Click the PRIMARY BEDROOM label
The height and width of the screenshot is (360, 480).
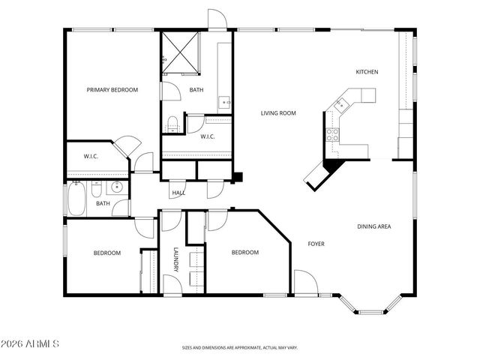click(112, 90)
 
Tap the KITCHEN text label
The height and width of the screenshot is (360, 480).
click(367, 72)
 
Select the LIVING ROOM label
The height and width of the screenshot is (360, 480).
click(278, 113)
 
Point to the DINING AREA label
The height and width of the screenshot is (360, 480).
click(373, 226)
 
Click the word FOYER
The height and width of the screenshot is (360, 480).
click(316, 244)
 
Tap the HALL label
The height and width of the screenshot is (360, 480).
click(178, 193)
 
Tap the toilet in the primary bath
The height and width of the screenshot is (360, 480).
click(172, 122)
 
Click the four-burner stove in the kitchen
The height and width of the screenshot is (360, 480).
click(331, 135)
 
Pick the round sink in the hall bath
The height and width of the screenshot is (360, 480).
click(116, 187)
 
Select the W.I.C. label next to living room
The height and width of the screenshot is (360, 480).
click(208, 136)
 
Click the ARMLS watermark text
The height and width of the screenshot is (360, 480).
click(31, 343)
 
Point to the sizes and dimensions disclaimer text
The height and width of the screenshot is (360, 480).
click(239, 348)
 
